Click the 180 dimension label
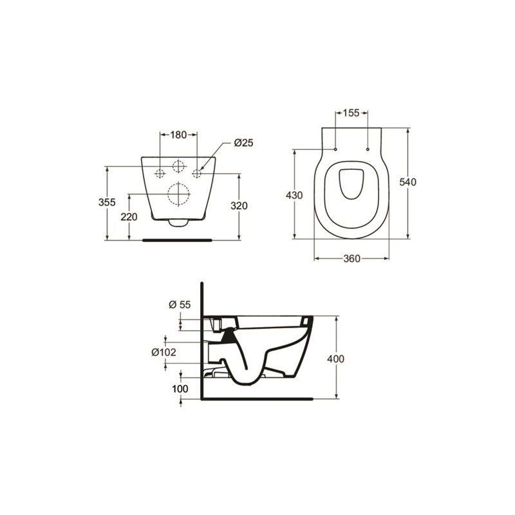point(178,135)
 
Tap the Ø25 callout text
point(243,143)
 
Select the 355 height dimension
point(108,202)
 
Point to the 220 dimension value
point(129,217)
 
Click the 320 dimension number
point(239,205)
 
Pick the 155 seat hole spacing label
point(351,113)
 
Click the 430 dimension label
point(294,196)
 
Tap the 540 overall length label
point(409,182)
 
